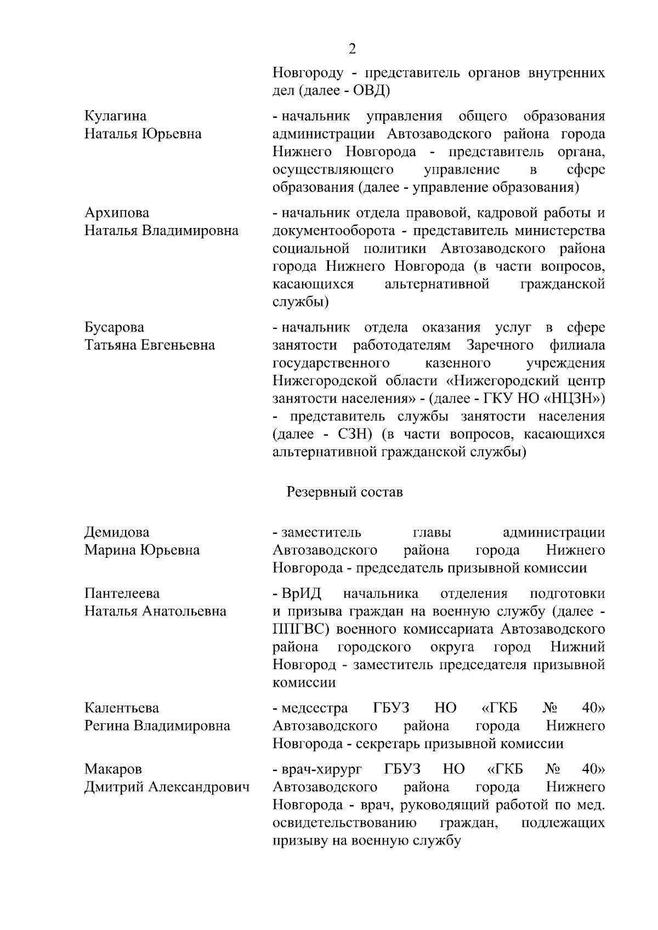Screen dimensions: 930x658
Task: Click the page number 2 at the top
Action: click(352, 49)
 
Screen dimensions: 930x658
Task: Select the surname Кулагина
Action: click(115, 116)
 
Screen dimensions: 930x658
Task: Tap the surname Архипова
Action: click(116, 213)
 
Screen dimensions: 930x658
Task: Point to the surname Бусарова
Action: click(114, 328)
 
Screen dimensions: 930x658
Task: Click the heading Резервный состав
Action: click(344, 492)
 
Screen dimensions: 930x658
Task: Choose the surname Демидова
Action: click(116, 532)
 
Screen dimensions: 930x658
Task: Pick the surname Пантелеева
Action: click(122, 594)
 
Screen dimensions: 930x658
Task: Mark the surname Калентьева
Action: click(121, 708)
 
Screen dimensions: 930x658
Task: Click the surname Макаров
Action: click(113, 769)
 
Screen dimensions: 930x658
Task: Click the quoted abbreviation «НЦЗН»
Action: click(574, 398)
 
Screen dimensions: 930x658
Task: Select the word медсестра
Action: click(314, 708)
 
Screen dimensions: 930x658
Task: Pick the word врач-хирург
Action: click(321, 769)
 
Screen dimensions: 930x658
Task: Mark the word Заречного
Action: click(500, 345)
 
